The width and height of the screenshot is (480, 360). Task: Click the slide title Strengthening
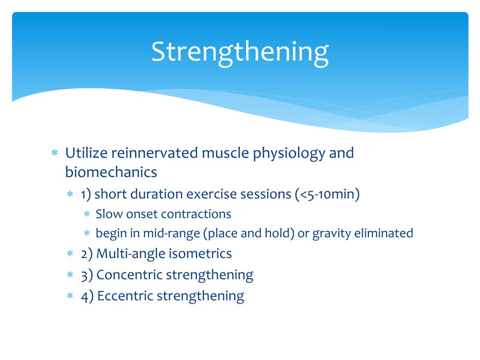(x=240, y=52)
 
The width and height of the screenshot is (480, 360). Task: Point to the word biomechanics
(x=111, y=172)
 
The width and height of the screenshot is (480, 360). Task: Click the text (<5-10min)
(x=327, y=194)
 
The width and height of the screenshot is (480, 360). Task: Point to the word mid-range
(x=157, y=233)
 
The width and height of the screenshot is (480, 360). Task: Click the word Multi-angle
(x=124, y=254)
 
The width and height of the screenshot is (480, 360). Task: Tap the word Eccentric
(x=125, y=296)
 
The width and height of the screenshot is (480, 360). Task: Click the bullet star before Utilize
(x=54, y=153)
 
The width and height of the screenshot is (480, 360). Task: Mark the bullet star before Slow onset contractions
(x=87, y=214)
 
